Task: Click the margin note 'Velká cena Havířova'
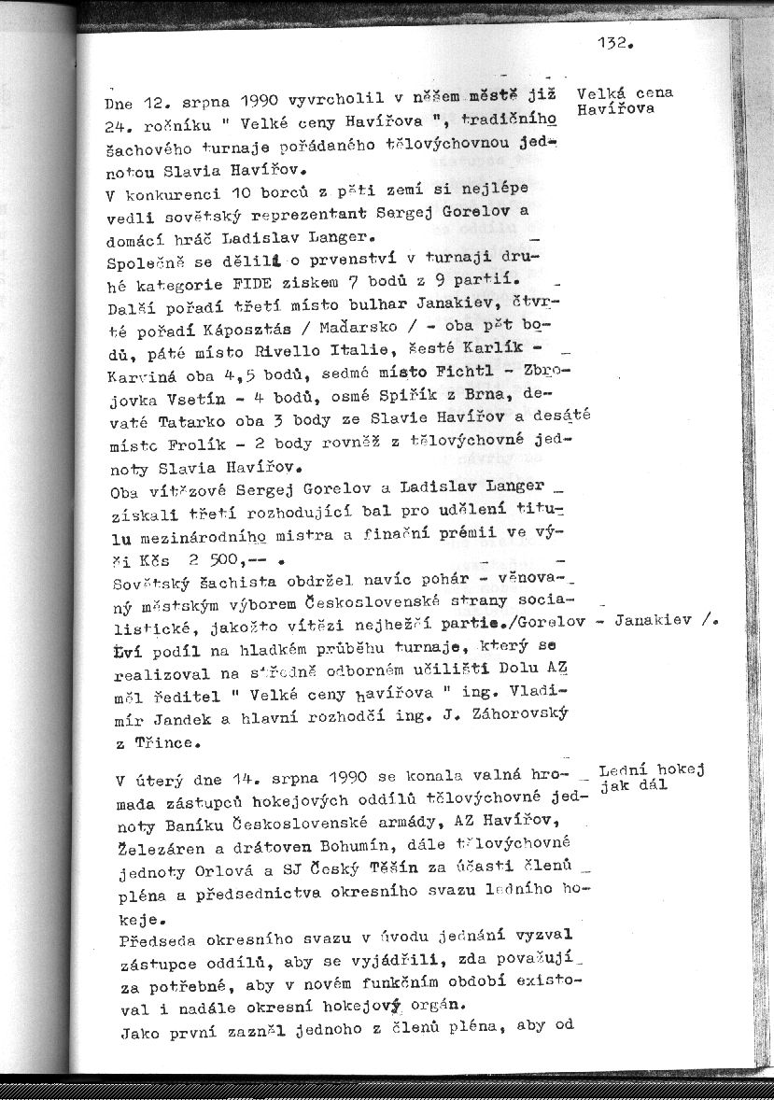(625, 101)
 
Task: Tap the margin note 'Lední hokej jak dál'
(651, 778)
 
